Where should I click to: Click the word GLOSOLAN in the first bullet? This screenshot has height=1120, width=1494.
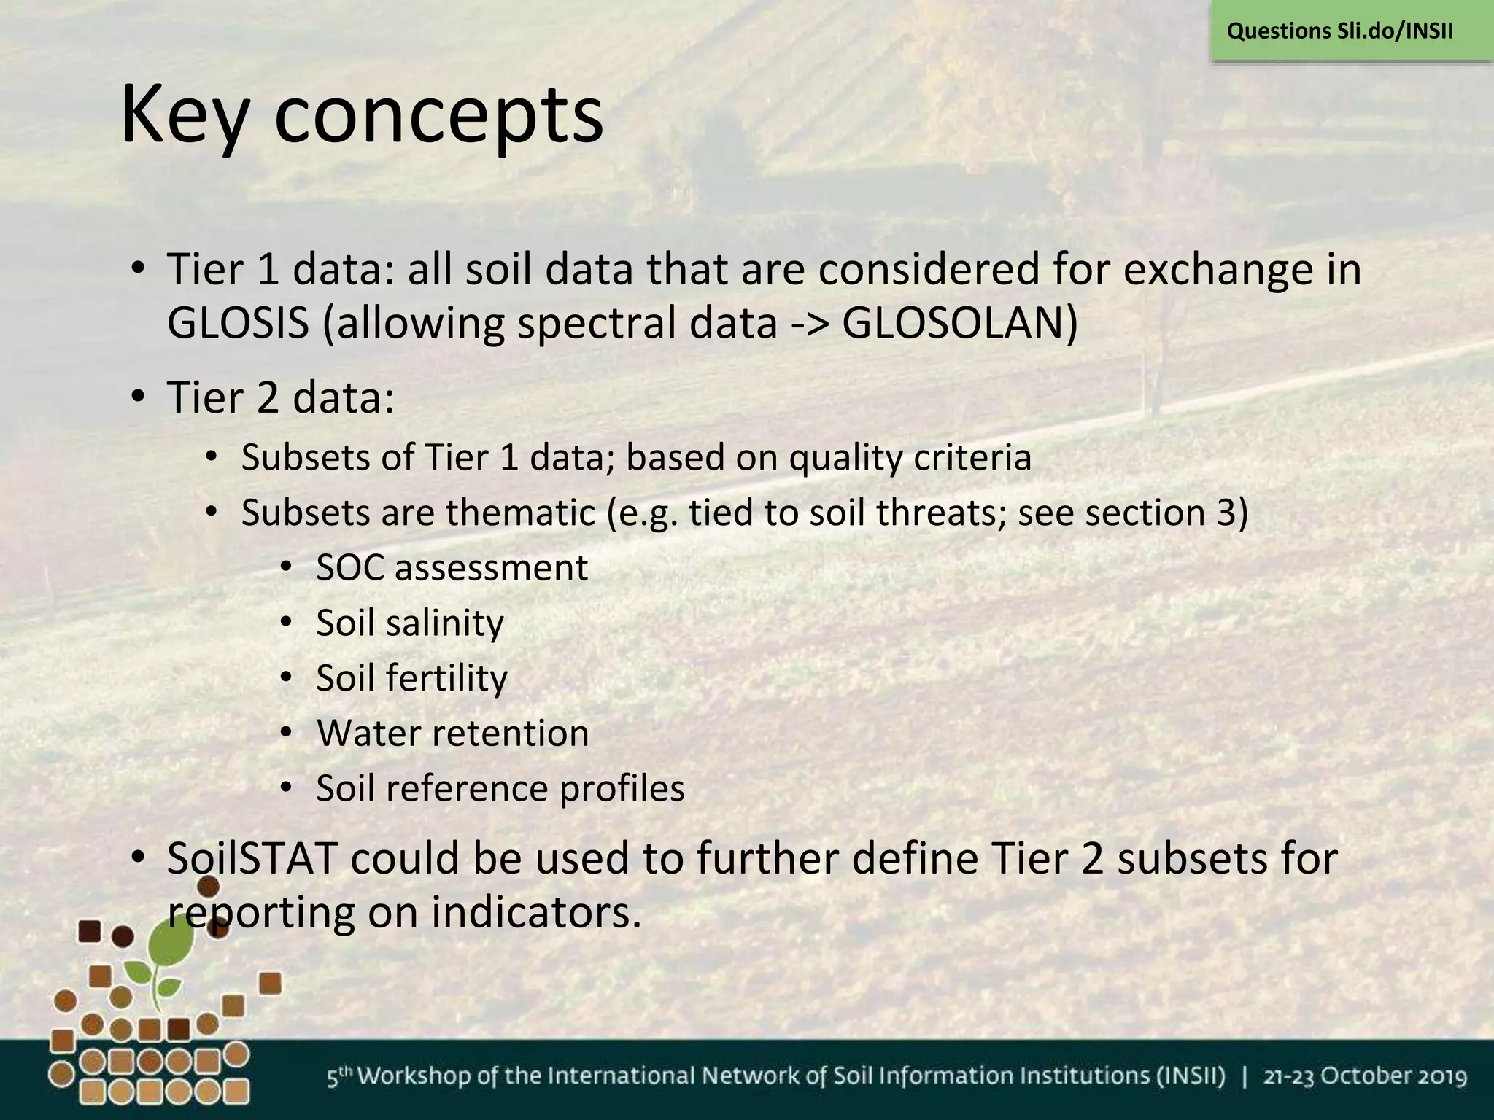959,323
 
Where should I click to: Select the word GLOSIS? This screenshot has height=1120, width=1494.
238,323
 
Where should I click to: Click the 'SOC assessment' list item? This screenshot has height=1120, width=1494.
452,568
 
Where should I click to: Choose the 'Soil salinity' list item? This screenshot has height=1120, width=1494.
409,623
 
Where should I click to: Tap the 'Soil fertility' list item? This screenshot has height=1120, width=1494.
411,678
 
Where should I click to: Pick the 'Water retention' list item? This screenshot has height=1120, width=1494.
452,734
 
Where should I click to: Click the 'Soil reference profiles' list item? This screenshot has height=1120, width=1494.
500,789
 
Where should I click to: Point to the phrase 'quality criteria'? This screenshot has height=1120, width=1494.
910,459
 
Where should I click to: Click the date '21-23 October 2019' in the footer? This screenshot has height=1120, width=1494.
1365,1077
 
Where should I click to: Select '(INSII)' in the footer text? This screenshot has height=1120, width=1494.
1195,1077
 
